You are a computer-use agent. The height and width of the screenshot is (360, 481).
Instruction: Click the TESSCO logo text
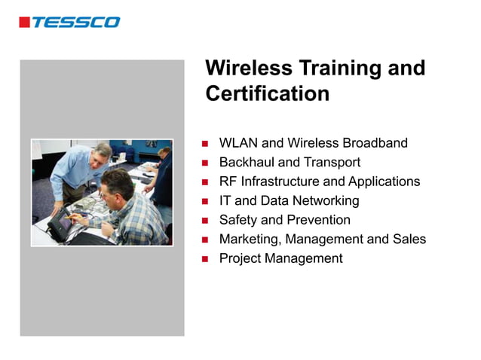click(75, 22)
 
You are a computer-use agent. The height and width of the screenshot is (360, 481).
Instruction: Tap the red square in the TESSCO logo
click(24, 22)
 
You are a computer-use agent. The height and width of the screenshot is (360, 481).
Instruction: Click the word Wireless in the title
click(248, 69)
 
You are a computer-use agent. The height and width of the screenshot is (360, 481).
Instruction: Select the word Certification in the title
click(267, 94)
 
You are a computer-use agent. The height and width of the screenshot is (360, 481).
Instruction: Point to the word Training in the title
click(340, 69)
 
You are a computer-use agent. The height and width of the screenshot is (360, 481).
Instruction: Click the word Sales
click(409, 239)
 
